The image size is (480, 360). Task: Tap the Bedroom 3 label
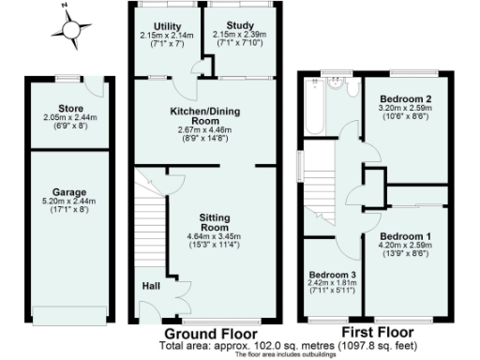point(331,276)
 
